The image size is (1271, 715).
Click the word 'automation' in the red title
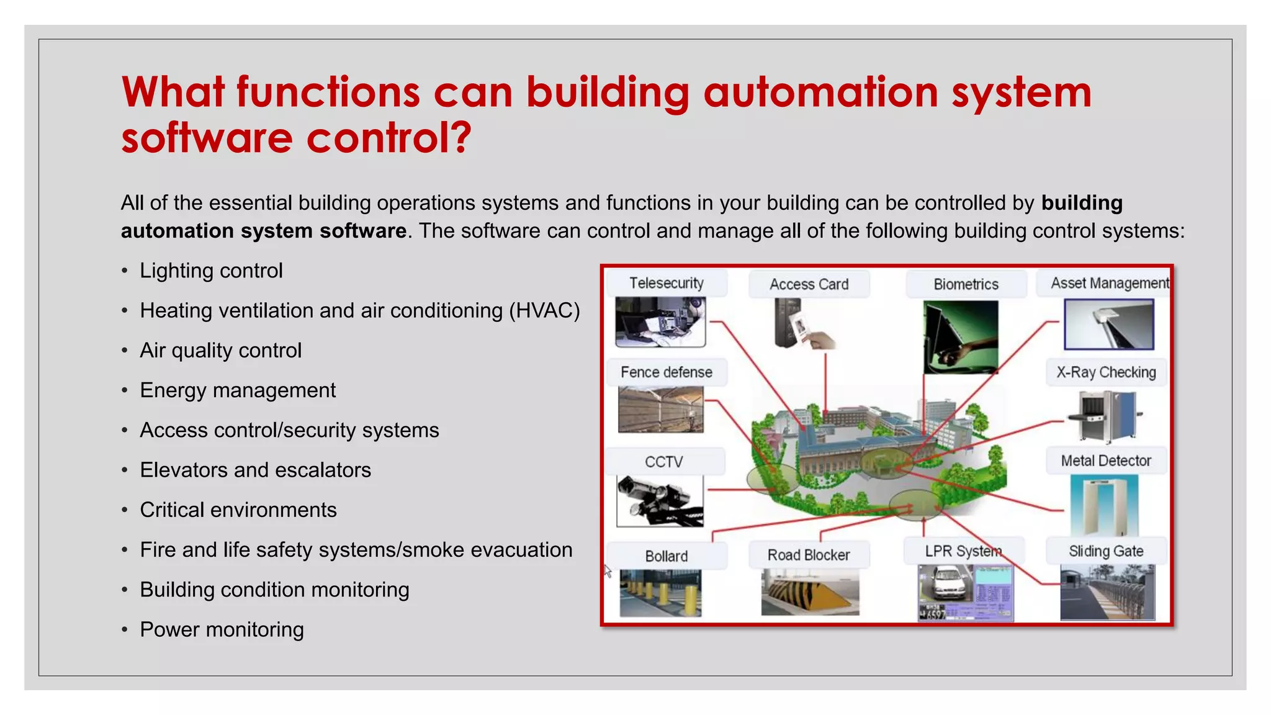click(x=820, y=92)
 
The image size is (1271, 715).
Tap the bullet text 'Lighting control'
click(x=211, y=271)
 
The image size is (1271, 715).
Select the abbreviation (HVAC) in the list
click(x=544, y=310)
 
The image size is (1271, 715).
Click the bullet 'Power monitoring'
click(x=222, y=629)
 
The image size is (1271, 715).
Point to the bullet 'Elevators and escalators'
click(x=255, y=470)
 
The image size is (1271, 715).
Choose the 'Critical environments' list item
click(x=238, y=510)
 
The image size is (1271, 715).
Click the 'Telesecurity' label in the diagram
click(x=666, y=283)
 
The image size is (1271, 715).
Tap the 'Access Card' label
click(x=809, y=284)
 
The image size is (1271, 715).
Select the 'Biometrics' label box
click(x=966, y=284)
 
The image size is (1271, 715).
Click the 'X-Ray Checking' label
click(x=1106, y=372)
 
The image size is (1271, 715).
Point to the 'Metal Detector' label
click(x=1105, y=461)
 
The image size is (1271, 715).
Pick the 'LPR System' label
click(x=963, y=551)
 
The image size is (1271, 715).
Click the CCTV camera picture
click(x=660, y=500)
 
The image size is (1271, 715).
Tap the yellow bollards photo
click(x=660, y=593)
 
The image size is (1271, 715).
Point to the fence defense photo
click(x=661, y=409)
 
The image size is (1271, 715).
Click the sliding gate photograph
click(x=1107, y=591)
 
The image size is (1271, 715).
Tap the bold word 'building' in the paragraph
click(x=1082, y=203)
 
